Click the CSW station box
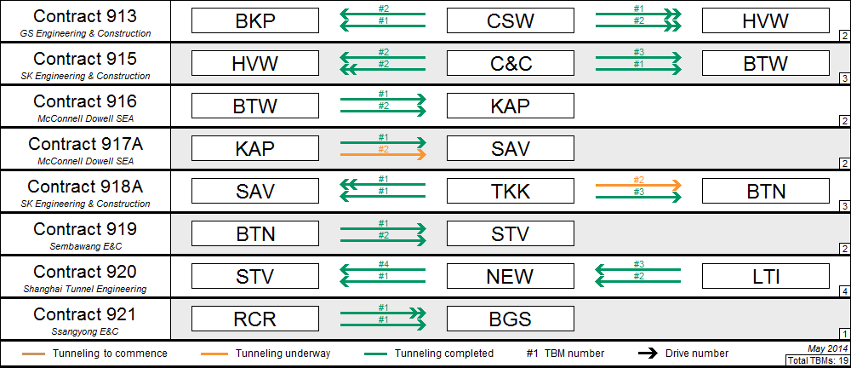tap(510, 20)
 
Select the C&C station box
tap(510, 63)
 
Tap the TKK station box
tap(510, 191)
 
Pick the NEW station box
tap(510, 276)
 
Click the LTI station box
tap(766, 276)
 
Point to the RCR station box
tap(255, 319)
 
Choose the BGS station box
tap(510, 319)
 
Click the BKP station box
tap(255, 20)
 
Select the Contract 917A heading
tap(85, 144)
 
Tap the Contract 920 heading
tap(85, 272)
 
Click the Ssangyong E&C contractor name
tap(85, 331)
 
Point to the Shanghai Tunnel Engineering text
tap(85, 289)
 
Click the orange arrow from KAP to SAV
tap(383, 155)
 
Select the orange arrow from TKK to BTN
tap(639, 186)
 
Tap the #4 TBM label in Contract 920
tap(383, 264)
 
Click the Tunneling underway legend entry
tap(266, 354)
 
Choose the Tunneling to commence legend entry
tap(94, 354)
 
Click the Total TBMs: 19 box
tap(817, 360)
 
